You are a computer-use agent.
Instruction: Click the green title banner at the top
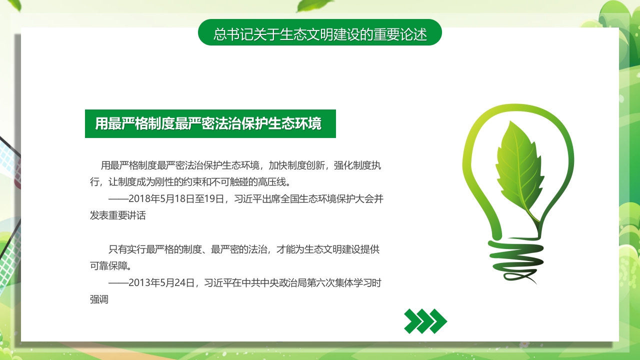(x=320, y=32)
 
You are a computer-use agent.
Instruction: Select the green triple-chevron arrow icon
(x=425, y=321)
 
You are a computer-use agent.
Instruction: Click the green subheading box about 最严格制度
(x=210, y=123)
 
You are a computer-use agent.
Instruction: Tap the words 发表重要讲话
(x=118, y=215)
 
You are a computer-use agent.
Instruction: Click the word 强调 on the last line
(x=99, y=300)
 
